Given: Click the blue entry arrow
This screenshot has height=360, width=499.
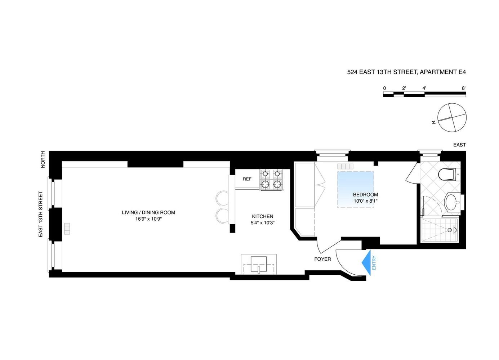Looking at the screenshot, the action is click(367, 263).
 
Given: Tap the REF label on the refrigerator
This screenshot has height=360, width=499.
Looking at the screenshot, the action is click(247, 179).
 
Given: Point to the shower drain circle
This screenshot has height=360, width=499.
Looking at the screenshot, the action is click(450, 230).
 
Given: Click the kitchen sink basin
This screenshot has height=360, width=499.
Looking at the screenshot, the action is click(259, 264).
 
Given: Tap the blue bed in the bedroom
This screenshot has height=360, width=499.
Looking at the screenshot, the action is click(356, 190).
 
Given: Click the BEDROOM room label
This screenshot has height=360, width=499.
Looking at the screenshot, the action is click(366, 195).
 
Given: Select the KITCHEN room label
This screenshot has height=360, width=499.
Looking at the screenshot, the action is click(262, 216).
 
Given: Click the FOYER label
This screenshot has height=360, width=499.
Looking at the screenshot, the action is click(322, 259).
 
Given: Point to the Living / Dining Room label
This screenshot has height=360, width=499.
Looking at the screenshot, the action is click(148, 213).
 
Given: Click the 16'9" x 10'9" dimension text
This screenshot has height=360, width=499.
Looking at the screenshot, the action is click(148, 219).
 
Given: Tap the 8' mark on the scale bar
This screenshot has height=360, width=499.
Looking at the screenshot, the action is click(464, 88).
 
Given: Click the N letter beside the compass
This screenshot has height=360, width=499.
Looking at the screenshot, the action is click(434, 122).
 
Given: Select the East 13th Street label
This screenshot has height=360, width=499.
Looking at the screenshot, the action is click(41, 214).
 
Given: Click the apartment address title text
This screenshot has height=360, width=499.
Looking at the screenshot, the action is click(406, 72).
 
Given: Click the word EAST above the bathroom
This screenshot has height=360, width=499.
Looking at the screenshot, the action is click(460, 145).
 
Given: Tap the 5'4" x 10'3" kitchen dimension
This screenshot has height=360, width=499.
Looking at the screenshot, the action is click(263, 222).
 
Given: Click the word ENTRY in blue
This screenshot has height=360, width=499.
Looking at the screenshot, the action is click(374, 263).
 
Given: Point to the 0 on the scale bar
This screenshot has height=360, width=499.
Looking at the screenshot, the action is click(384, 88).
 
